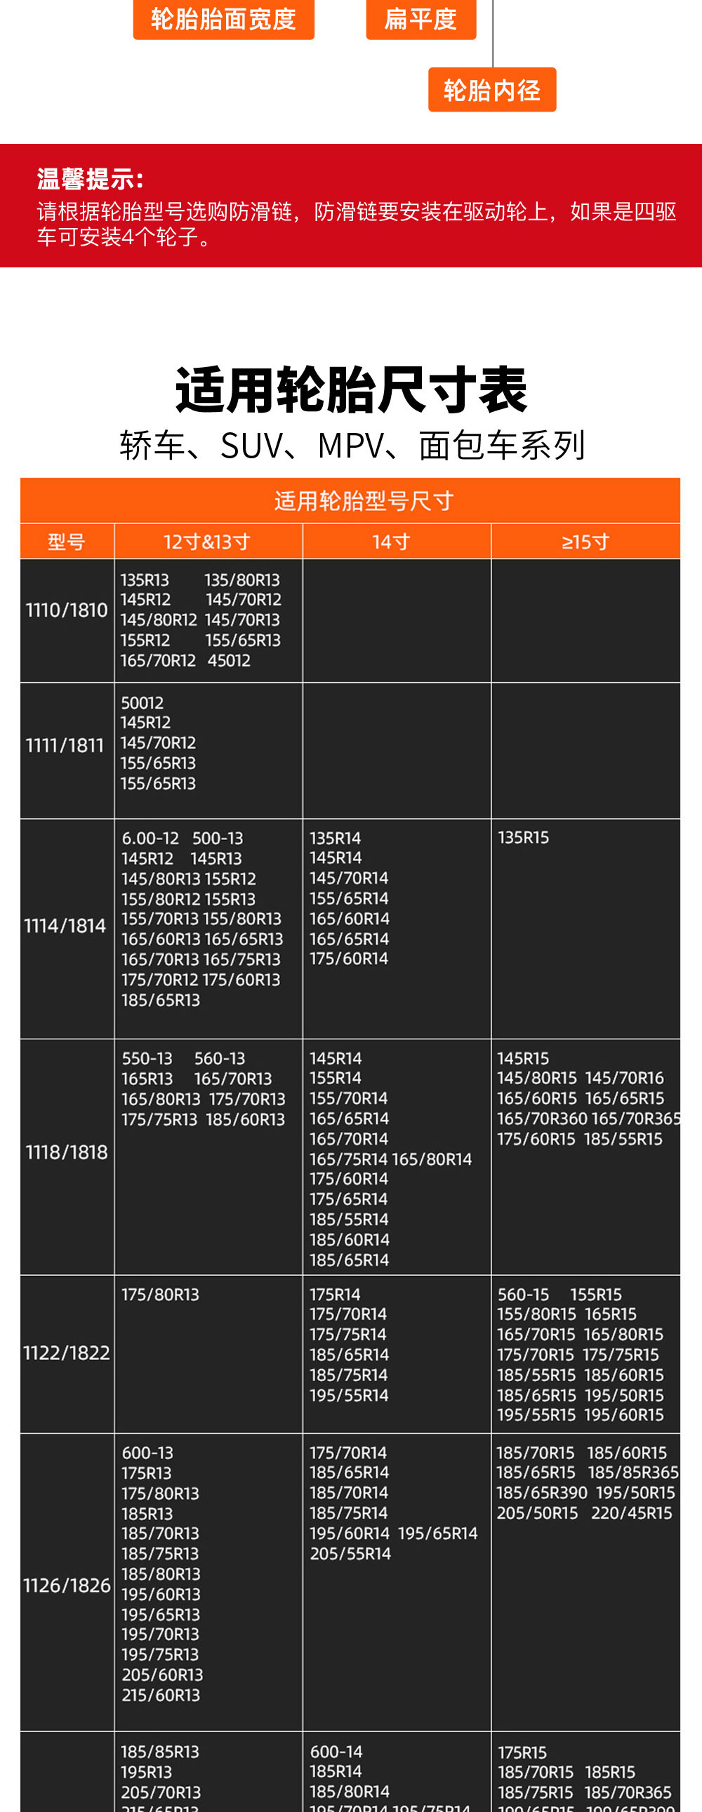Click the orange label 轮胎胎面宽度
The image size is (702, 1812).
pos(223,19)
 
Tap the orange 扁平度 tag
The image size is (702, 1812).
pos(420,19)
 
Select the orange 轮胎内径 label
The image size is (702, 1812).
pos(491,90)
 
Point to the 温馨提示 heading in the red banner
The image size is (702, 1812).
pos(90,180)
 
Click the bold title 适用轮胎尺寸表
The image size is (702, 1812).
pos(351,389)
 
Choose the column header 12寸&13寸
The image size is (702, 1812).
pos(208,542)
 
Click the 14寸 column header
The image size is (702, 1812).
pos(392,542)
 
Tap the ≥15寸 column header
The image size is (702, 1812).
pos(585,542)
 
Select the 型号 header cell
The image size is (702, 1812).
pos(67,542)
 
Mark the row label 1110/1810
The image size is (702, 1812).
pos(67,610)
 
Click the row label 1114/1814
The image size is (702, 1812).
pos(65,926)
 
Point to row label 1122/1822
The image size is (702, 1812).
pos(67,1352)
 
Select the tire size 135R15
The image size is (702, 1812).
pos(523,838)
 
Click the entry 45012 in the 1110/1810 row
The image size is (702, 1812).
pos(230,660)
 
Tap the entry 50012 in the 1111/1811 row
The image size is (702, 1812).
pos(142,702)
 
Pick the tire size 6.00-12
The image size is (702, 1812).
pos(150,839)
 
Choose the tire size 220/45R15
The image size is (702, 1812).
pos(632,1513)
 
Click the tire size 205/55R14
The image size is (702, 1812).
pos(350,1553)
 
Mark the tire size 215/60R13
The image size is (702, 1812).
pos(161,1696)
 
